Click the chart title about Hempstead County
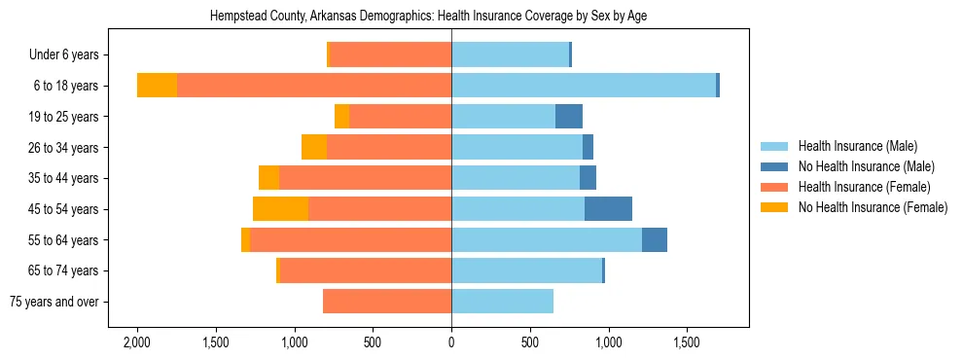[x=429, y=17]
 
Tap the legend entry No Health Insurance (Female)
[x=872, y=207]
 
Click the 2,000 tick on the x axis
[x=136, y=343]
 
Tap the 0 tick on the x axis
[x=451, y=343]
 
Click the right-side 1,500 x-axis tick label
[x=687, y=343]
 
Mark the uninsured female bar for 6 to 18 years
[x=157, y=86]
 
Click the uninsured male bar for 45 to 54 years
[x=608, y=209]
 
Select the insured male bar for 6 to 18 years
[x=584, y=86]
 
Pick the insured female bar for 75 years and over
[x=387, y=302]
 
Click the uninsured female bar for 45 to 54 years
[x=280, y=209]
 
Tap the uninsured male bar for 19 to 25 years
[x=569, y=117]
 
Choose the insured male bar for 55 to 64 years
[x=547, y=240]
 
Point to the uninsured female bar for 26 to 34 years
[x=314, y=148]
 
